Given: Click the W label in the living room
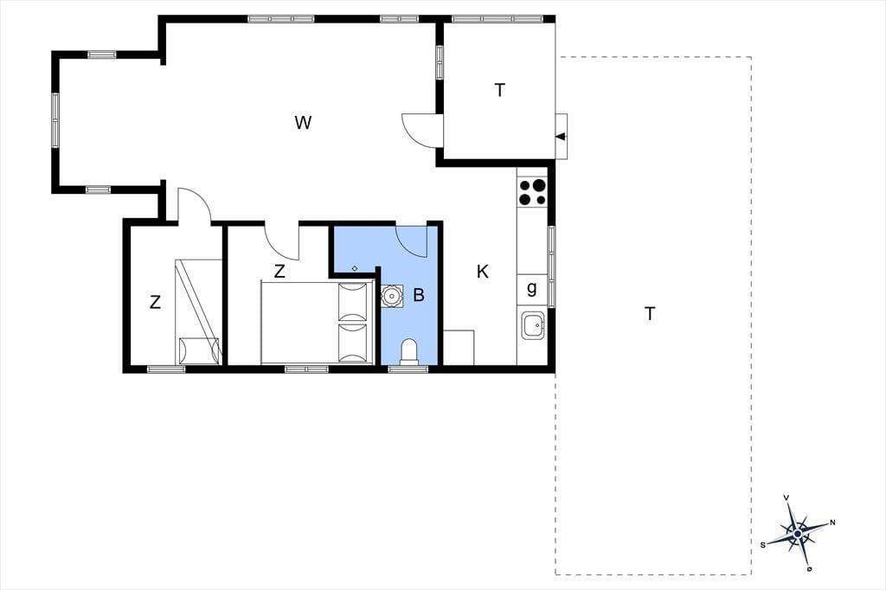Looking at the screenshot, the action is (x=303, y=122).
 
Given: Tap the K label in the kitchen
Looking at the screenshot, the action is (x=483, y=272).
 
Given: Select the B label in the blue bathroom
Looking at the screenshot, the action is (x=419, y=295).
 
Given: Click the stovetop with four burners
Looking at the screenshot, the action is (x=532, y=191).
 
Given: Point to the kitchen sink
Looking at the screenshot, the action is (x=533, y=325).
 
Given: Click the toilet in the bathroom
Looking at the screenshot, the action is (x=408, y=351).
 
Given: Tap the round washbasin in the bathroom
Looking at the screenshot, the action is (x=391, y=296).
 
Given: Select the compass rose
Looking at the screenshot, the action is (x=797, y=533).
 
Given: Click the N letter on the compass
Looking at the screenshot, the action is (x=832, y=523).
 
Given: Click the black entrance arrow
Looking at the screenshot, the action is (x=561, y=136).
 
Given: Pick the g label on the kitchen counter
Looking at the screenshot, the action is (x=532, y=289).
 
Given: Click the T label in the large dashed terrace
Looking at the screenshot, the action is (x=650, y=313).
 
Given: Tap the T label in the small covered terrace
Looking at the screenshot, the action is (x=499, y=91).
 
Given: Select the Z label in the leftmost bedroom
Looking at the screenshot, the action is (x=156, y=302).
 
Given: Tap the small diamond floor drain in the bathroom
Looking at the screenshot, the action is (x=354, y=268).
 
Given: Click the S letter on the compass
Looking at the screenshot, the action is (x=763, y=545).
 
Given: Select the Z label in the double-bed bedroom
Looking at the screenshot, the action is (x=279, y=272).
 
